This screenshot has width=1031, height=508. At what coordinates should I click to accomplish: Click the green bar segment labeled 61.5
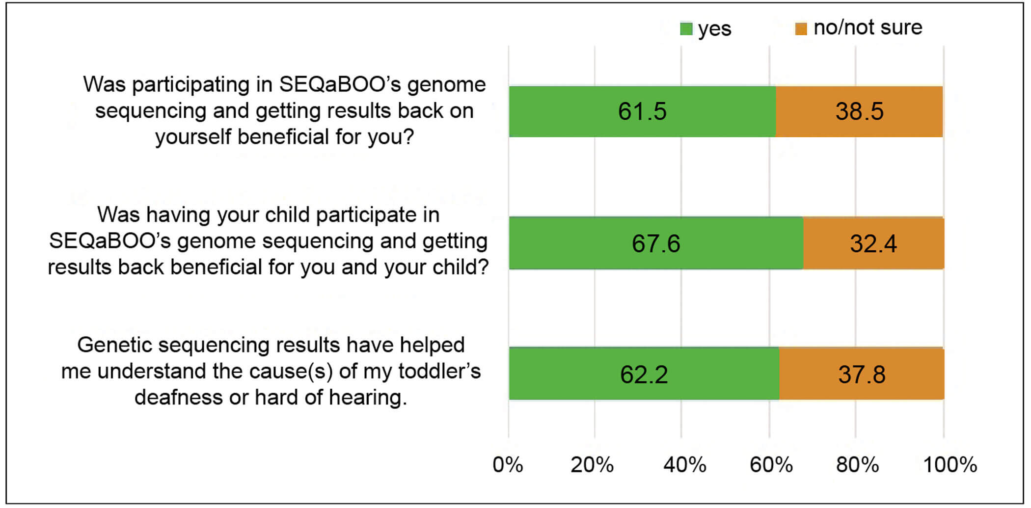click(x=642, y=111)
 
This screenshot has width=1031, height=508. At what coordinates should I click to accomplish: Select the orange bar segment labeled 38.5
click(x=859, y=111)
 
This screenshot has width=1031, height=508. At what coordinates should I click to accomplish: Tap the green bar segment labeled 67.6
click(x=656, y=243)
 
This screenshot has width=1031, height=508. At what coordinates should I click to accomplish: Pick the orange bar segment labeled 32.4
click(x=873, y=243)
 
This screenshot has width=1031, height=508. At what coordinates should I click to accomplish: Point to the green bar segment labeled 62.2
click(x=644, y=374)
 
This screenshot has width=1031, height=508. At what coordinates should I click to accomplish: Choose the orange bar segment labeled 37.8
click(x=862, y=374)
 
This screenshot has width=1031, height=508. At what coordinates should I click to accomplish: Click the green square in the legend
click(x=686, y=29)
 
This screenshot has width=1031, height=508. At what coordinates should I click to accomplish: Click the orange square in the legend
click(x=801, y=29)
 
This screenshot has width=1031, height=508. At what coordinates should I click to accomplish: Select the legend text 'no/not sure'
click(x=868, y=27)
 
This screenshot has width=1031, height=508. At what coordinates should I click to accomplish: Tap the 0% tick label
click(x=508, y=464)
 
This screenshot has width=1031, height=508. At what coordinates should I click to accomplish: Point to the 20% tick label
click(x=592, y=464)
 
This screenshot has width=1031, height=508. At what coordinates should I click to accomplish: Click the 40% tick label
click(x=684, y=464)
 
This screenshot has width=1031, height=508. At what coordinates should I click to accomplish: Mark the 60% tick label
click(x=771, y=464)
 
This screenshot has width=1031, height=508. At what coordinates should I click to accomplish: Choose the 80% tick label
click(x=857, y=464)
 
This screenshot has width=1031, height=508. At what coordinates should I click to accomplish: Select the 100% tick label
click(x=950, y=464)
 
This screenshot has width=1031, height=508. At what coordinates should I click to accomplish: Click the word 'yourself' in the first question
click(x=193, y=137)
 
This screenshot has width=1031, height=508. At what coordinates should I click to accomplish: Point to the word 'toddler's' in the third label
click(x=439, y=372)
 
